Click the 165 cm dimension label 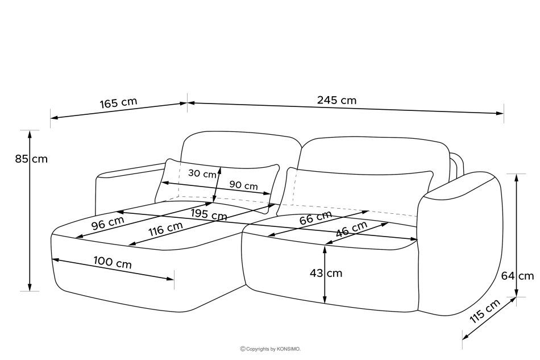click(x=118, y=103)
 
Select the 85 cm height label click(x=31, y=159)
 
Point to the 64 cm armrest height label click(x=518, y=276)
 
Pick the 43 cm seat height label click(x=326, y=273)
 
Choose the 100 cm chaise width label click(x=113, y=264)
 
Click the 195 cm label click(x=209, y=214)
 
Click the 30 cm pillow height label click(x=202, y=173)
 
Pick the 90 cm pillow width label click(x=243, y=185)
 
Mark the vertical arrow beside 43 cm click(x=324, y=273)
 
